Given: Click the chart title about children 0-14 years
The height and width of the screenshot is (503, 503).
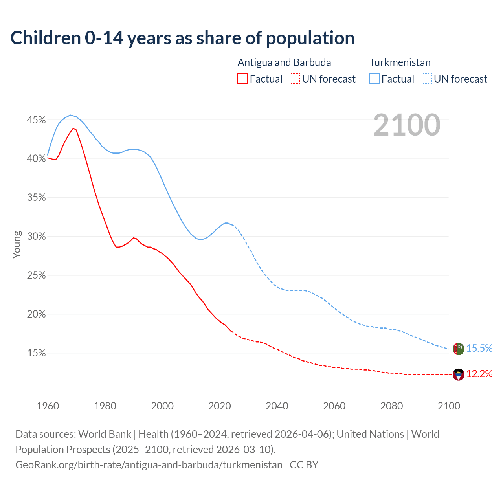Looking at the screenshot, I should click(182, 38).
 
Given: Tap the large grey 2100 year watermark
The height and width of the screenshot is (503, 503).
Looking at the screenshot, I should click(407, 125).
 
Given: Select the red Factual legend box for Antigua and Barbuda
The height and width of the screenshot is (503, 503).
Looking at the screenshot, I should click(242, 79).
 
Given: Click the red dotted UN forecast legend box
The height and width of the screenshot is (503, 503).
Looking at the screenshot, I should click(295, 79).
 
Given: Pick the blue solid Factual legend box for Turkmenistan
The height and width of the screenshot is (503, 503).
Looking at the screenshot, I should click(374, 79).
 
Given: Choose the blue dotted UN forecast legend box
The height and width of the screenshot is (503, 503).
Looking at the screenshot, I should click(427, 79).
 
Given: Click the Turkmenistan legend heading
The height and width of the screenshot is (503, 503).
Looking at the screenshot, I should click(400, 62).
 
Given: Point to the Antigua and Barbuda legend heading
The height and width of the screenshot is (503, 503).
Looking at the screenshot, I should click(284, 62).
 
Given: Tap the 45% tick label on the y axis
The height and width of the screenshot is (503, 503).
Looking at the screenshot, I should click(36, 120).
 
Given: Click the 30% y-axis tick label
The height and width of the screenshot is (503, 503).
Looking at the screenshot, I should click(36, 237).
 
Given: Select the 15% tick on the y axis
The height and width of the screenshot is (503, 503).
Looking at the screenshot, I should click(36, 353).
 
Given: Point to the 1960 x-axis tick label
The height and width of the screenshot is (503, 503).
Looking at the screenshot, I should click(48, 406).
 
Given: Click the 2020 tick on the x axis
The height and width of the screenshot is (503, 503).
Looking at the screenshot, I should click(220, 406).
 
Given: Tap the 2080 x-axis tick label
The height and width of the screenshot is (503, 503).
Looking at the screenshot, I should click(391, 406).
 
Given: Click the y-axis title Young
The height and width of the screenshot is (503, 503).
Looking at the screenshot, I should click(17, 244).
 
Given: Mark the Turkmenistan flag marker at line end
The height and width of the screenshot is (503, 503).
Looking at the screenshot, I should click(459, 349).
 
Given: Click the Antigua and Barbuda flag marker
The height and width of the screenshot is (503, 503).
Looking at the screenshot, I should click(459, 374).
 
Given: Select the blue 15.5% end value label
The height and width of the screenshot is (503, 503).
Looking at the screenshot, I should click(479, 349).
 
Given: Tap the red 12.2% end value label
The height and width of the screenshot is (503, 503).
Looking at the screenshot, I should click(479, 374).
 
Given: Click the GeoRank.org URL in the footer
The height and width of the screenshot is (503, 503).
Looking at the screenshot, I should click(149, 465).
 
